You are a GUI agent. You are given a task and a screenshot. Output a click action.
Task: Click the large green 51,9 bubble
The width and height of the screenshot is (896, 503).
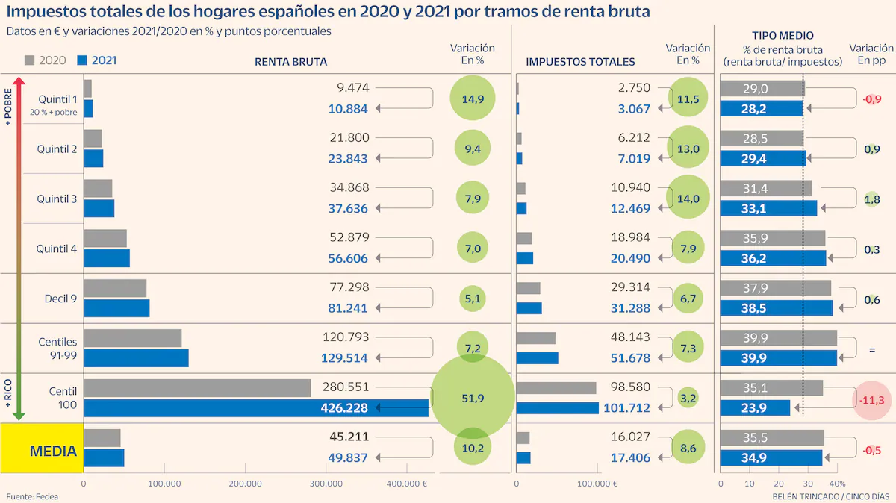(x=473, y=398)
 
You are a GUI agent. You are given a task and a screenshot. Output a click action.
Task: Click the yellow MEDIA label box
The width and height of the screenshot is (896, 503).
(x=42, y=449)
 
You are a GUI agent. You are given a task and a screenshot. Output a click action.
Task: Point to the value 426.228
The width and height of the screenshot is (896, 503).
(x=344, y=408)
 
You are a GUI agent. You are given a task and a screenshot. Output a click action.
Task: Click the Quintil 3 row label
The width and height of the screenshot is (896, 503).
(x=57, y=199)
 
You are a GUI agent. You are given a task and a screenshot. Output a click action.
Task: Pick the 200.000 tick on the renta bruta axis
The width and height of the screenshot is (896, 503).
(x=246, y=484)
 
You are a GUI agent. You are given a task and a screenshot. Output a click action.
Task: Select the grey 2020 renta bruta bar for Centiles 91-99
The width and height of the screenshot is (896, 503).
(x=132, y=338)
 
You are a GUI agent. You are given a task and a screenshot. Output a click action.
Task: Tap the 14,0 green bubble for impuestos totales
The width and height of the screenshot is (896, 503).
(x=688, y=199)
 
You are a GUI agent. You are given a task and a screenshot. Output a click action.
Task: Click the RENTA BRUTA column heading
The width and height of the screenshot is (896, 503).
(x=290, y=62)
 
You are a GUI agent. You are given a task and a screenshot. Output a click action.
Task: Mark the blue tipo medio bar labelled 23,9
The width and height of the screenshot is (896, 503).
(x=755, y=408)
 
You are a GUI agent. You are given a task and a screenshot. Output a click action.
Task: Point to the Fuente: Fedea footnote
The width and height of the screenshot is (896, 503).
(x=32, y=496)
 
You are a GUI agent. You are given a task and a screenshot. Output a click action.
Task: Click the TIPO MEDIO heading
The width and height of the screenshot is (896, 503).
(x=783, y=35)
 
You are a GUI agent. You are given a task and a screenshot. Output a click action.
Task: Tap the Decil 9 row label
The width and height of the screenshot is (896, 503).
(x=60, y=299)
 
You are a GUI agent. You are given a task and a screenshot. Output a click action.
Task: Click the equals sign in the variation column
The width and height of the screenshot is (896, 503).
(x=871, y=349)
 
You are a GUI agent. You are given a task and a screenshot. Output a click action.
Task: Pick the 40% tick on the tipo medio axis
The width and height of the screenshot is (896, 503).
(x=839, y=484)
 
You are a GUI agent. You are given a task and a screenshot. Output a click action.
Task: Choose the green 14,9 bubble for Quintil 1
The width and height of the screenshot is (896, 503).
(x=473, y=99)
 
